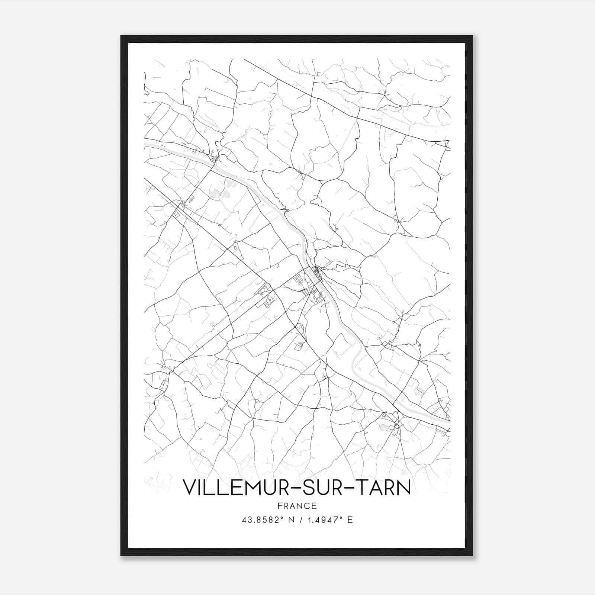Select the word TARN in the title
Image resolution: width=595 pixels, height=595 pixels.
click(387, 488)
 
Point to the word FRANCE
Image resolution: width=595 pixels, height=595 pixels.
click(297, 506)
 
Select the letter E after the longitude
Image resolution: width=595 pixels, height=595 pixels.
click(350, 520)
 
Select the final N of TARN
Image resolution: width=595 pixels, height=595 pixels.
click(405, 488)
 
